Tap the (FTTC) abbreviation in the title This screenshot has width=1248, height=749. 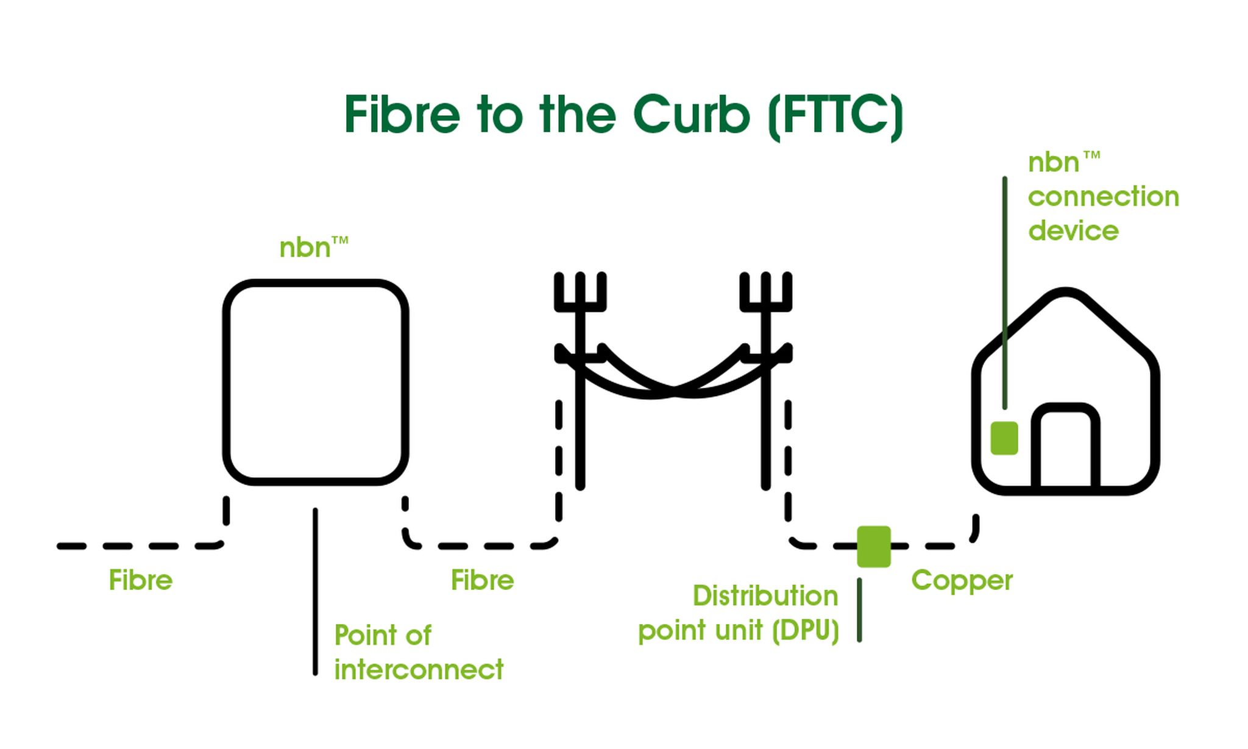click(x=835, y=116)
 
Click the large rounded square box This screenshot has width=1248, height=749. click(x=316, y=382)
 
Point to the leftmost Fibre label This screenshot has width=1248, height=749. click(x=140, y=580)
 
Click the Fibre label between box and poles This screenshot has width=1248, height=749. click(x=482, y=580)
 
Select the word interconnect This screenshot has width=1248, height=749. click(x=419, y=670)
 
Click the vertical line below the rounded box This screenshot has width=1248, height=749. click(x=315, y=591)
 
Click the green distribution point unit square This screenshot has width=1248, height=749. click(x=873, y=547)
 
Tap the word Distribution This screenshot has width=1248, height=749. click(x=765, y=596)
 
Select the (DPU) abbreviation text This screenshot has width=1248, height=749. click(x=805, y=631)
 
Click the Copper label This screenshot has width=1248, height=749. click(x=962, y=580)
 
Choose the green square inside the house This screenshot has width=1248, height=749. click(x=1004, y=438)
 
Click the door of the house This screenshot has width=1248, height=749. click(x=1065, y=451)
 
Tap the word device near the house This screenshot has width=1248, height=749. click(x=1073, y=231)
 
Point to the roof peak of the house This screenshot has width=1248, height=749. click(x=1065, y=294)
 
